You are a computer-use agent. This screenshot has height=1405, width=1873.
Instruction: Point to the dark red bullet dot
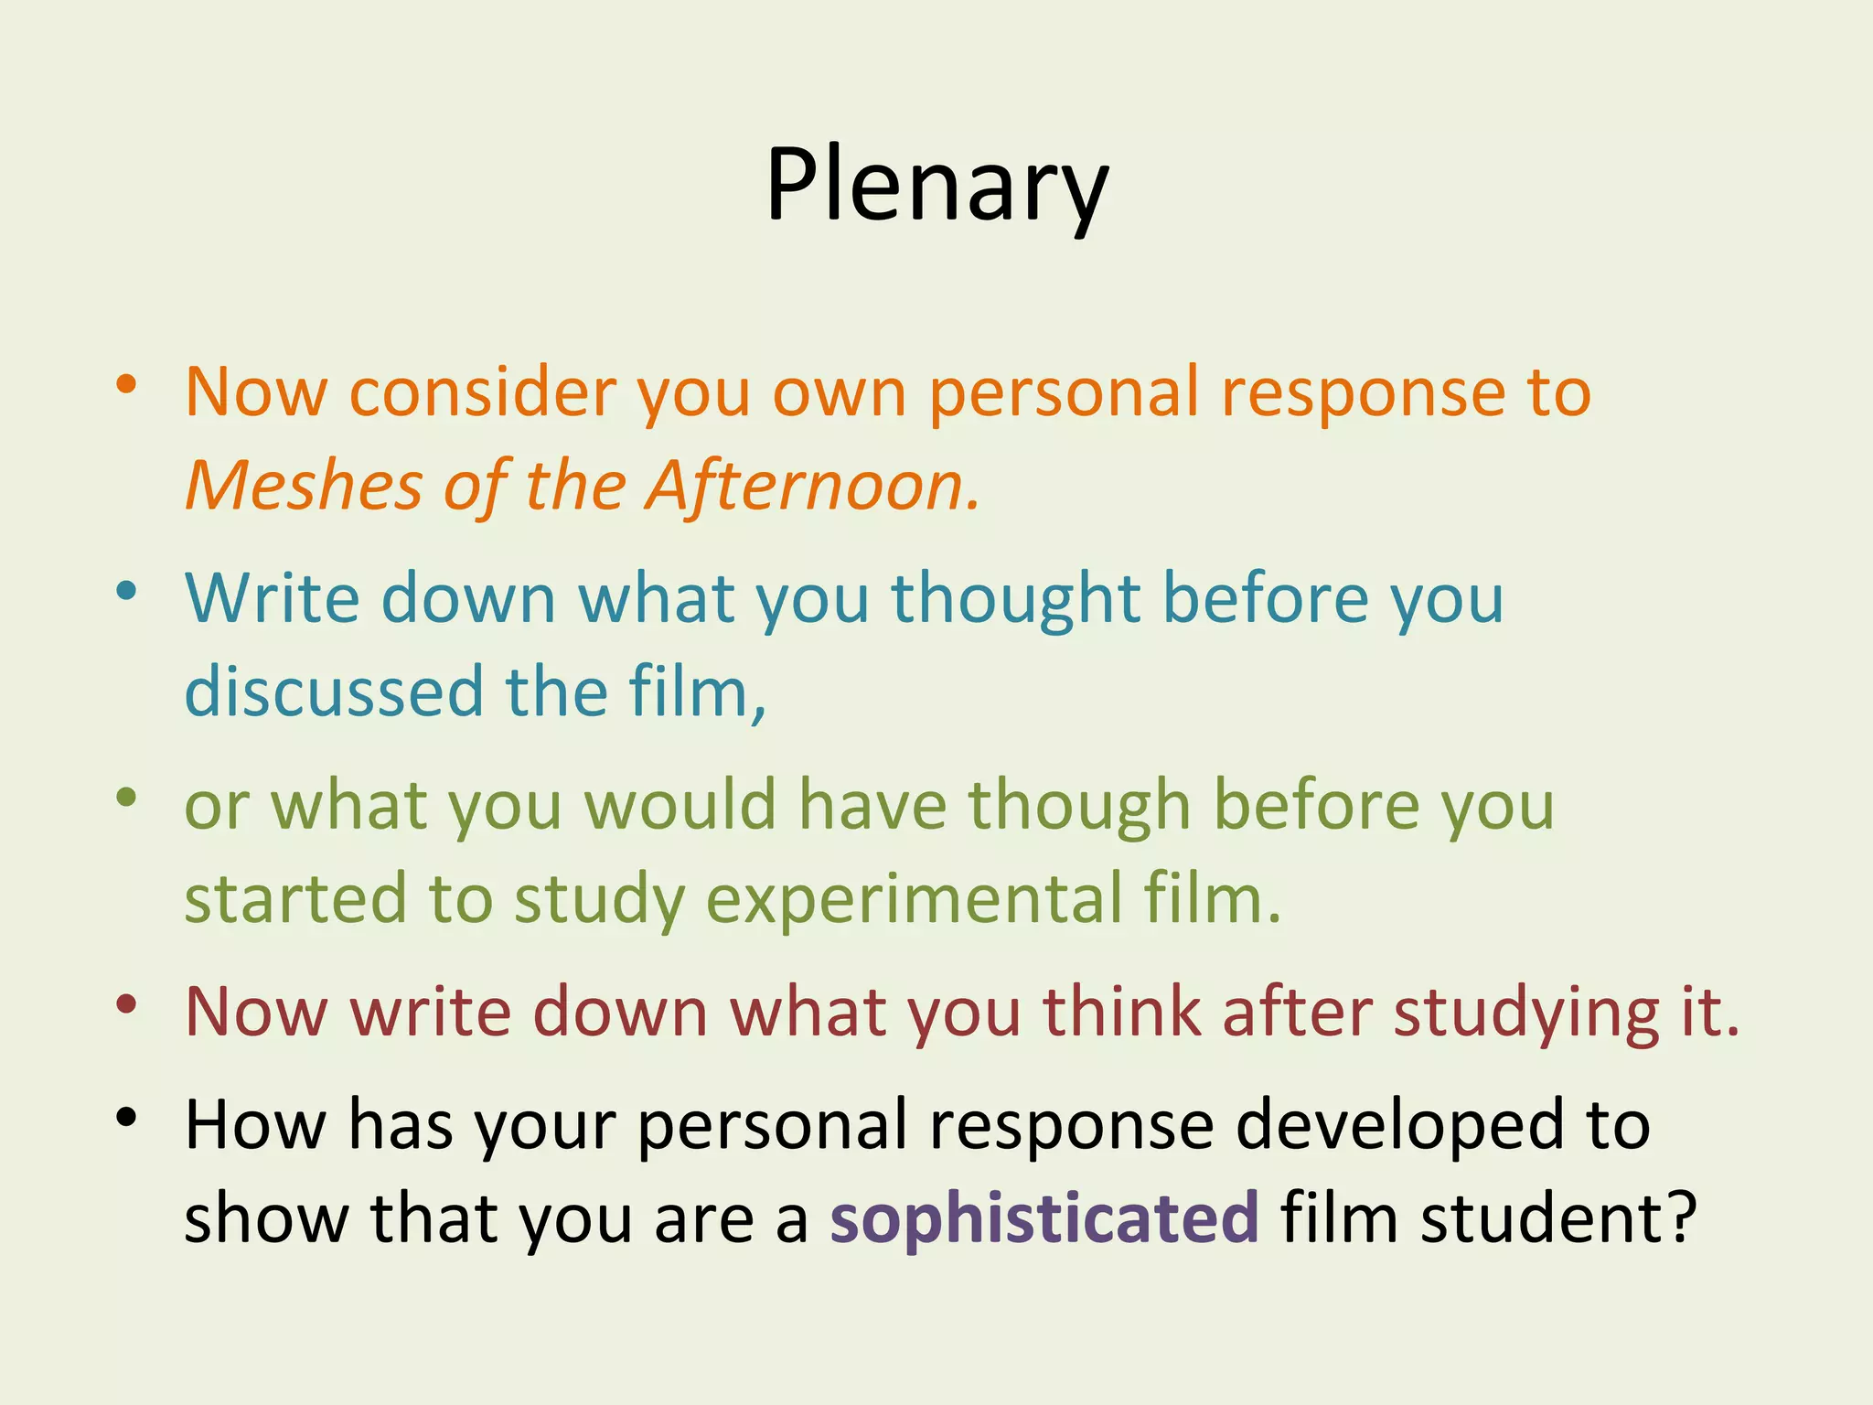126,1003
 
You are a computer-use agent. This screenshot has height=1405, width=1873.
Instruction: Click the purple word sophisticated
1044,1219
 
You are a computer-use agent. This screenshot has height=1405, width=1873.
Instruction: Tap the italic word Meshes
304,485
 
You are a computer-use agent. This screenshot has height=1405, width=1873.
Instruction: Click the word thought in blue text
1016,600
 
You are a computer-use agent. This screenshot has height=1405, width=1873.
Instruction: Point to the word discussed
334,692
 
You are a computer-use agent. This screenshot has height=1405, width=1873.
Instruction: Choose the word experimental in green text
914,898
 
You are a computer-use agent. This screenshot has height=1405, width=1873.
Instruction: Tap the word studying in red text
1525,1014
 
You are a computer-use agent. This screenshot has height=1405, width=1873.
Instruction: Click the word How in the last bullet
255,1125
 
